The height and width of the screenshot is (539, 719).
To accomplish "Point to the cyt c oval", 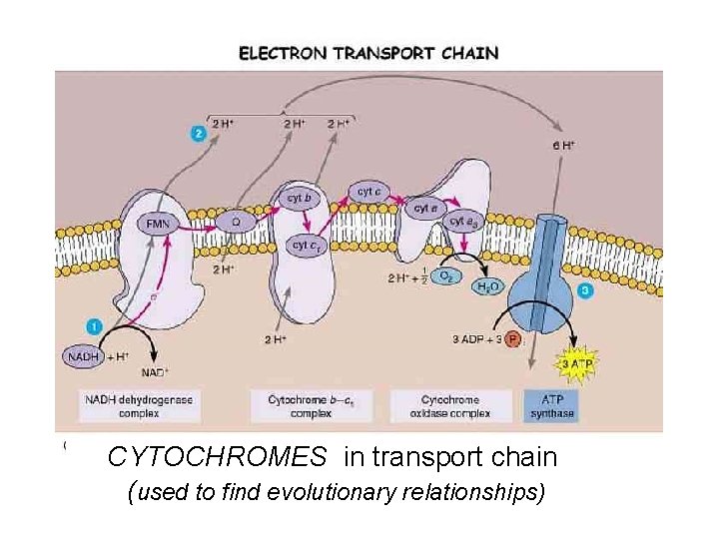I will coord(368,191).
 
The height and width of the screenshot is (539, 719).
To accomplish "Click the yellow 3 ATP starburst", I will coord(576,364).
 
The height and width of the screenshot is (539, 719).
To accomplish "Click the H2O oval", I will coord(487,288).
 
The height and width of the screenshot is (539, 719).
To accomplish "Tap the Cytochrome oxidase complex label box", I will coord(450,404).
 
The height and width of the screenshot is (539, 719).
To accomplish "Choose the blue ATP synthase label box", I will coord(552,404).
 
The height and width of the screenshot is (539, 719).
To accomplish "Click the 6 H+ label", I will coord(563,144).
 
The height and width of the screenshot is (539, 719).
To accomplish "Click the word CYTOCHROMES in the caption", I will coord(217,457).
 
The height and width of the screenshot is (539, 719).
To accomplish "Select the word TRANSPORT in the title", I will coord(384,53).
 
